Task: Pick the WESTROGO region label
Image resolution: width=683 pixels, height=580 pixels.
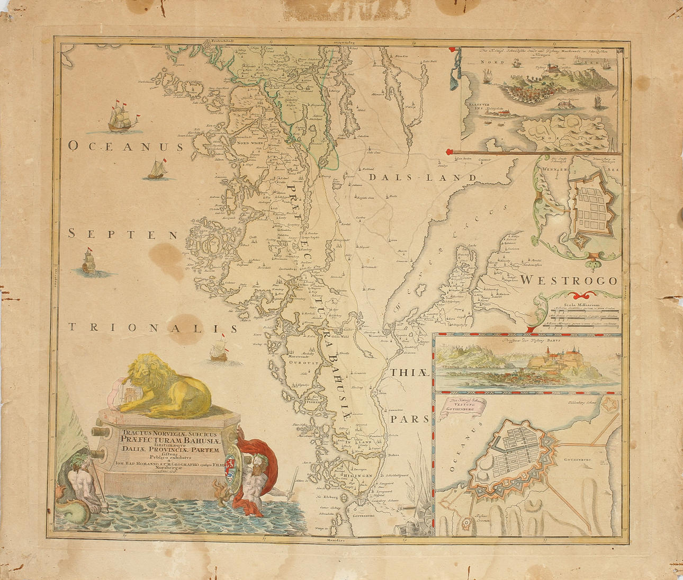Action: pos(569,280)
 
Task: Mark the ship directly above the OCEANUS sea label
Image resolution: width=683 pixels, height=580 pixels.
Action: pos(124,119)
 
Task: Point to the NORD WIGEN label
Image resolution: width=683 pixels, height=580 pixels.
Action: pos(250,143)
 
